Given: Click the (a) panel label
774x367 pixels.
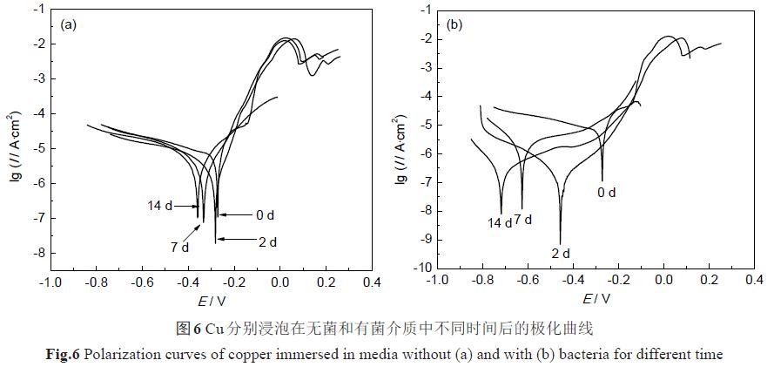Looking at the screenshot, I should click(x=71, y=24).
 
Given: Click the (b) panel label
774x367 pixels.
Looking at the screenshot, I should click(x=454, y=24).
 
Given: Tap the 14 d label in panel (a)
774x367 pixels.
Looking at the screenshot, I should click(x=159, y=206).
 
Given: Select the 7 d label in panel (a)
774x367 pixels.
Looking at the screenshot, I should click(x=179, y=248).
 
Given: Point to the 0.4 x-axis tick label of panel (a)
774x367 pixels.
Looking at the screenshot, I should click(x=372, y=283).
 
